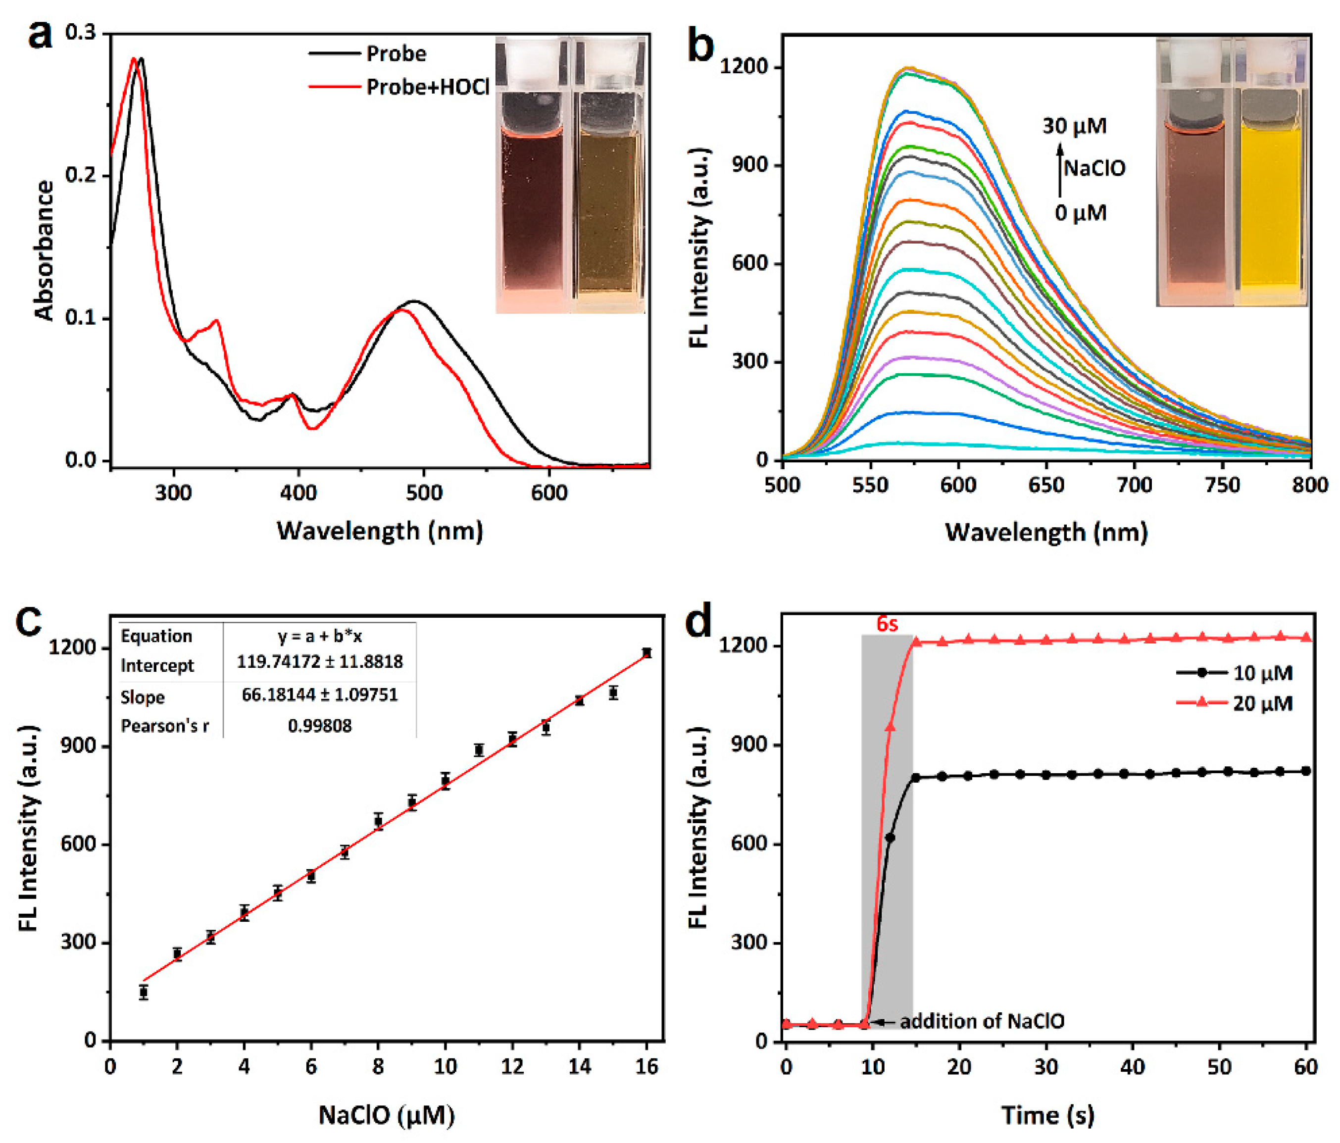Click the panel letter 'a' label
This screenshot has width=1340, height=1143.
click(40, 34)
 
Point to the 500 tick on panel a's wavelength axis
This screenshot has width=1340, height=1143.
click(424, 493)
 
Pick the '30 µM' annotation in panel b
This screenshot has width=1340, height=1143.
click(1074, 126)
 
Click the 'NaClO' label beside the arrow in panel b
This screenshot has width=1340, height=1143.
click(1094, 169)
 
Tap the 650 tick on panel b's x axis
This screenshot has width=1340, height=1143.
click(1046, 485)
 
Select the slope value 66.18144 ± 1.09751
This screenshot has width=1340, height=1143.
click(319, 695)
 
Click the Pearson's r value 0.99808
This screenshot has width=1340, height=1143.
click(319, 726)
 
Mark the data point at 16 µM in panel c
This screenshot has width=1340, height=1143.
click(646, 652)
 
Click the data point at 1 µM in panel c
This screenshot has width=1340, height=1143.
click(144, 992)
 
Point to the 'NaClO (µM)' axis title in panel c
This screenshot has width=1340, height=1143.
click(386, 1115)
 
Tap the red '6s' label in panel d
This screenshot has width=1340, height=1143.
click(887, 624)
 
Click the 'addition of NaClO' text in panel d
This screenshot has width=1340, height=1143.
click(982, 1021)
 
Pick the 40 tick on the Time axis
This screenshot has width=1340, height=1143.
click(1133, 1067)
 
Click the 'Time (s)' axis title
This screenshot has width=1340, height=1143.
click(1047, 1115)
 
